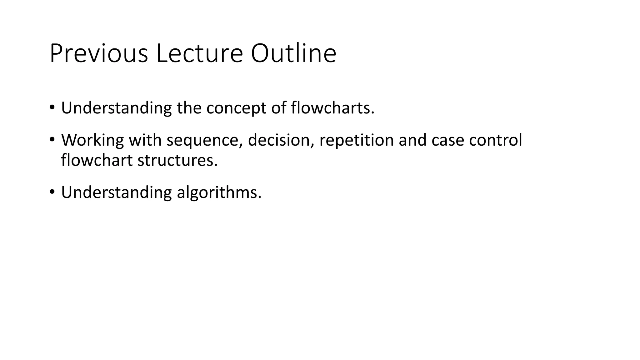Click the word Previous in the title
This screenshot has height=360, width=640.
[x=98, y=54]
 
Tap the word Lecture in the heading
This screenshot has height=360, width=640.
[x=199, y=54]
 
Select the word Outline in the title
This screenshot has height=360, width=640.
[x=293, y=54]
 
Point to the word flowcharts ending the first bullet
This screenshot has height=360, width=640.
[x=332, y=108]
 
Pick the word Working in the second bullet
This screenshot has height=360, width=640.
[x=92, y=140]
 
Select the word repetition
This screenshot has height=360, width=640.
[x=356, y=140]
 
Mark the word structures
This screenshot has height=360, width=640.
[x=177, y=160]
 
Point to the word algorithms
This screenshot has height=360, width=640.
[x=219, y=192]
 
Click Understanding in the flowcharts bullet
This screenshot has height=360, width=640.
[x=116, y=108]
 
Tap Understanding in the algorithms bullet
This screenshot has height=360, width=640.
[x=116, y=192]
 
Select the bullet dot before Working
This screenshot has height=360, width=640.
[x=52, y=139]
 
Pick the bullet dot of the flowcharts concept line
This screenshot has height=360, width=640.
[x=52, y=107]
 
